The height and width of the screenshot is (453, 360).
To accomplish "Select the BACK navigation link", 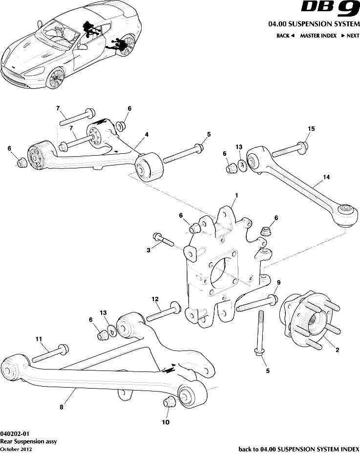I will coord(285,36).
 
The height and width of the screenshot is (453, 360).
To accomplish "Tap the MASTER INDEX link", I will coord(318,36).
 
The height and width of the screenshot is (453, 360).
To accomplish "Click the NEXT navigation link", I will coord(350,36).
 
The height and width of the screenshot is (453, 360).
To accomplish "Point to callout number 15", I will coord(311,129).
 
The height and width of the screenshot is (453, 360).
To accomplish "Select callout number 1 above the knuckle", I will coord(236,195).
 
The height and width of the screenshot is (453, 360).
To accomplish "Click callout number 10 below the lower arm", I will coord(166,422).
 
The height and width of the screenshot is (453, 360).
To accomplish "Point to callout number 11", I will coord(39,338).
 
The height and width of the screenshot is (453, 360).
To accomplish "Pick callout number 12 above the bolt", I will coord(155,299).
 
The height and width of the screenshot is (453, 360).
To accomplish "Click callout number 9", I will coord(279,283).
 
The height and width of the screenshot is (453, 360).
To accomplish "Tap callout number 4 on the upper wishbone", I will coord(147,134).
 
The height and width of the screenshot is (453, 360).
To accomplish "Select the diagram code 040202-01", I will coord(15,433).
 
